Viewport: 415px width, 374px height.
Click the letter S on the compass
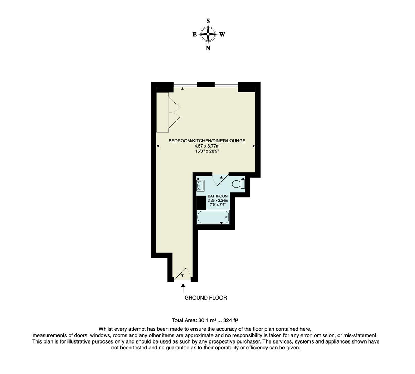pyautogui.click(x=208, y=21)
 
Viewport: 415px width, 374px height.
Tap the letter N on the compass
pyautogui.click(x=208, y=48)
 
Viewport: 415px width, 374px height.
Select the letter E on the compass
pyautogui.click(x=195, y=34)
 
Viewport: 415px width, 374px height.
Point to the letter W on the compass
pyautogui.click(x=222, y=34)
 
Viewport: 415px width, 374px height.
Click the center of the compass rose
pyautogui.click(x=208, y=34)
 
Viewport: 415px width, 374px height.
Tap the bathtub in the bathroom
pyautogui.click(x=213, y=217)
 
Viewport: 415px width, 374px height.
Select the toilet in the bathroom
pyautogui.click(x=238, y=184)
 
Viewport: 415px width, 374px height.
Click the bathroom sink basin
pyautogui.click(x=200, y=185)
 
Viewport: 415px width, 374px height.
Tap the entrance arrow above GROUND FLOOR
pyautogui.click(x=183, y=287)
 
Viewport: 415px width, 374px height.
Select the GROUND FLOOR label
pyautogui.click(x=206, y=297)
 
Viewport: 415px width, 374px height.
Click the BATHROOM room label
pyautogui.click(x=218, y=196)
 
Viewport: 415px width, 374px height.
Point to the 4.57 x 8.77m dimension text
pyautogui.click(x=207, y=146)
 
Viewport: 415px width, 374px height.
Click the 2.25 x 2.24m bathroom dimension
pyautogui.click(x=218, y=200)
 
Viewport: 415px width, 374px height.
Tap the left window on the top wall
pyautogui.click(x=185, y=84)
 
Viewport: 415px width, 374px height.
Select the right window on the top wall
pyautogui.click(x=226, y=84)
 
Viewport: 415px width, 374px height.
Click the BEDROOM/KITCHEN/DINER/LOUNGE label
pyautogui.click(x=207, y=141)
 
